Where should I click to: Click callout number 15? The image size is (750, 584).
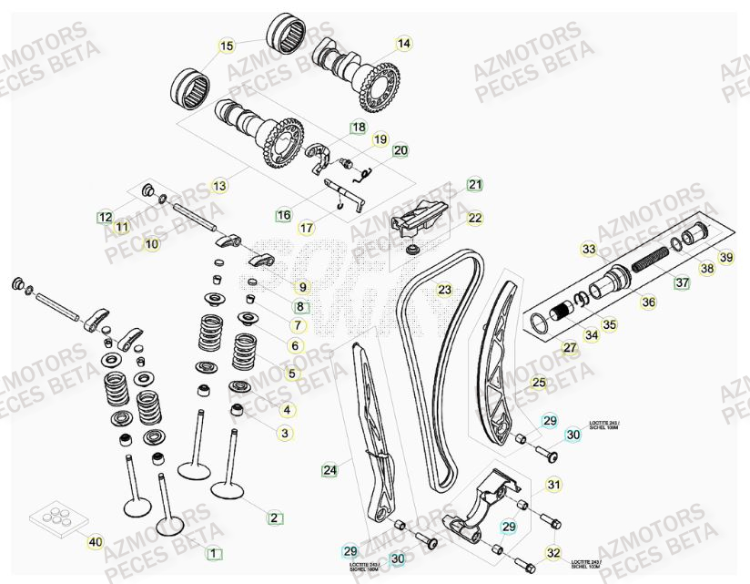[x=227, y=46]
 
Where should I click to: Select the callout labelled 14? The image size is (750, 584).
[x=403, y=43]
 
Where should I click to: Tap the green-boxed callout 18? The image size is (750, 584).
[x=359, y=128]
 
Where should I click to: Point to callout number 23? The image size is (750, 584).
[x=444, y=291]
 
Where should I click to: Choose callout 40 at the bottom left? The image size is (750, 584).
[x=95, y=542]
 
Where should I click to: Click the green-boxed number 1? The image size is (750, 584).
[x=213, y=552]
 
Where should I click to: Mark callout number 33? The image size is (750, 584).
[x=589, y=249]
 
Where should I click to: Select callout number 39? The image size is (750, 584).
[x=725, y=258]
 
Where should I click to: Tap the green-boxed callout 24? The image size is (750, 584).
[x=329, y=470]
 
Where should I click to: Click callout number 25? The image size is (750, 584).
[x=539, y=383]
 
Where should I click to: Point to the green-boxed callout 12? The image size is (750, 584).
[x=106, y=217]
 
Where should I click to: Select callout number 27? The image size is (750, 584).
[x=569, y=347]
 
